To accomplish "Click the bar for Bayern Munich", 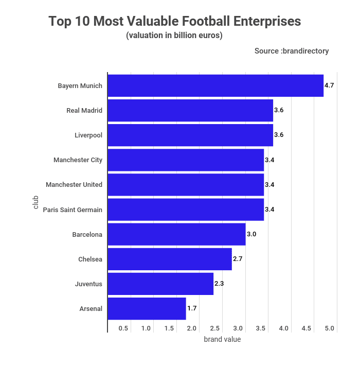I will click(215, 85).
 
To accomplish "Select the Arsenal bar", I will click(147, 308).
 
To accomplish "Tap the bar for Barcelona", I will click(176, 234).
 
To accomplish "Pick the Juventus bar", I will click(160, 284).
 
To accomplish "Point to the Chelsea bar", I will click(170, 259).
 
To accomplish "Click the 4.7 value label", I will click(329, 85).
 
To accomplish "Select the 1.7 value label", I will click(192, 308).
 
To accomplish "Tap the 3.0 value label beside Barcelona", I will click(251, 234).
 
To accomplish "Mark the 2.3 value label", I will click(219, 284).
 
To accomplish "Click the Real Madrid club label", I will click(84, 110).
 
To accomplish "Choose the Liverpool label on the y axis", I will click(88, 135).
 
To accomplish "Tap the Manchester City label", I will click(78, 160).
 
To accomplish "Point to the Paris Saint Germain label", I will click(73, 210).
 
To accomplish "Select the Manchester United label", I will click(74, 185).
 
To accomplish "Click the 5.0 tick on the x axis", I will click(330, 328).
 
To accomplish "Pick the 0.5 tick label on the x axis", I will click(123, 328).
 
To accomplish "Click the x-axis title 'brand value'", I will click(222, 339).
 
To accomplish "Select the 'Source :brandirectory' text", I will click(292, 51).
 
